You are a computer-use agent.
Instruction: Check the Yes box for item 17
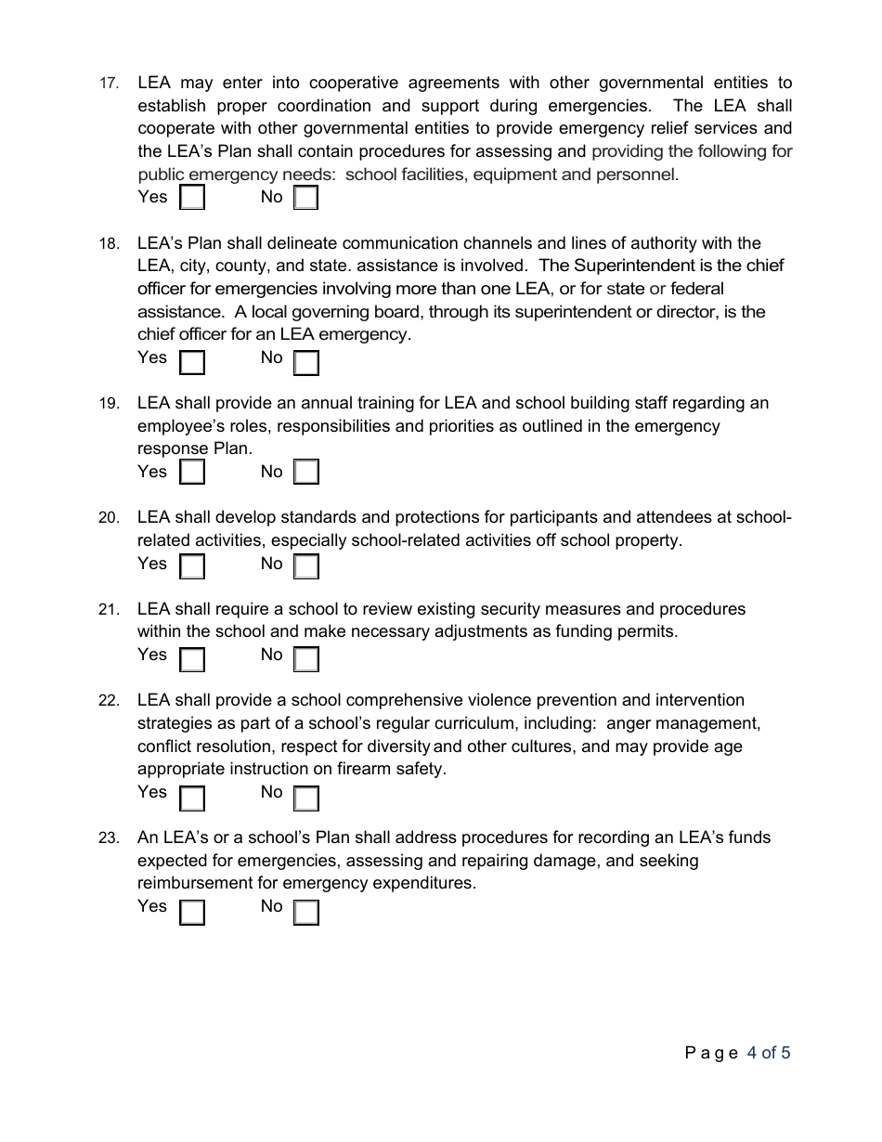click(x=192, y=198)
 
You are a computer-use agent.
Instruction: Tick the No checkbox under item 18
click(x=306, y=362)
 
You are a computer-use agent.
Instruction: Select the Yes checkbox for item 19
click(x=192, y=473)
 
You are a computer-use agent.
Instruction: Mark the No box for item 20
click(x=306, y=566)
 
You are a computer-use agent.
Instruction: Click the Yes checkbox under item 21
click(x=192, y=659)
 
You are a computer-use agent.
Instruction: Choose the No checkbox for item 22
click(x=306, y=798)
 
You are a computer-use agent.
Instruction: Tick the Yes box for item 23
click(x=192, y=913)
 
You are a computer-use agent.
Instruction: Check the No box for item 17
click(x=306, y=198)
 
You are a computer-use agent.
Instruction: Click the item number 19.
click(x=109, y=404)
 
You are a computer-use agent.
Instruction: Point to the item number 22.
click(x=109, y=701)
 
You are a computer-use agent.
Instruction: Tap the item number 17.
click(x=109, y=84)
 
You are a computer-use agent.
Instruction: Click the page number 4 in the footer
click(x=752, y=1053)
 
